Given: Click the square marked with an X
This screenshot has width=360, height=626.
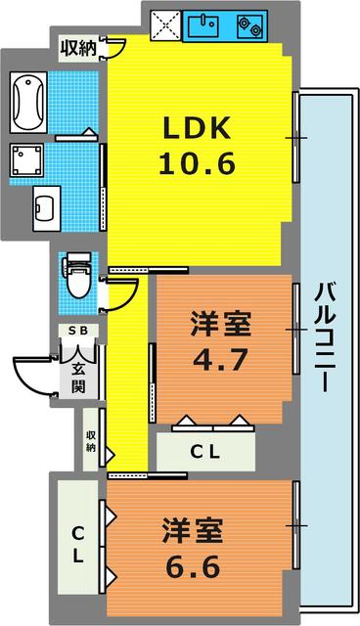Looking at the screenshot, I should [161, 22].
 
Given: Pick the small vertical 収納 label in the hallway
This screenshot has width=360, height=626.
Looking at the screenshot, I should [91, 441].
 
